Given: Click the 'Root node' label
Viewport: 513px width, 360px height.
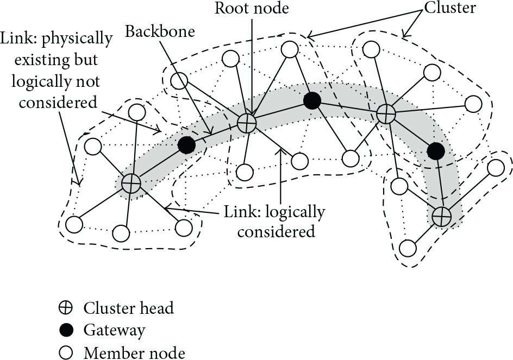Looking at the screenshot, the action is click(252, 8).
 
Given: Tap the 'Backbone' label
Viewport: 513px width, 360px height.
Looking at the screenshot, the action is click(160, 31).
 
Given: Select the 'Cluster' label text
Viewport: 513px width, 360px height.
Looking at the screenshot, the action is click(450, 8).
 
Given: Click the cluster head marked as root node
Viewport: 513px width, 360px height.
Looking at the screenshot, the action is click(246, 124).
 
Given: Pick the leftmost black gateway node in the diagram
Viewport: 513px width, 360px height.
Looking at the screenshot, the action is click(186, 145).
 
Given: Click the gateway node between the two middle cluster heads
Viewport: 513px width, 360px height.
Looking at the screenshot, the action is click(312, 100).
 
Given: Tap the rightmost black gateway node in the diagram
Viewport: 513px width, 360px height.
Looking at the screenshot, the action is click(436, 151).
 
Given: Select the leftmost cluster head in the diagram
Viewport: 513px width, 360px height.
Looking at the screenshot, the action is click(131, 184).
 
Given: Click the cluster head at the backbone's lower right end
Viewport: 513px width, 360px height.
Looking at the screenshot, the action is click(441, 216).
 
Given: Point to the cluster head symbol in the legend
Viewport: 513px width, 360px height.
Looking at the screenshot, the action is click(66, 308).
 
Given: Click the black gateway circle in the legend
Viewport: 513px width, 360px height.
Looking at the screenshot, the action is click(66, 330).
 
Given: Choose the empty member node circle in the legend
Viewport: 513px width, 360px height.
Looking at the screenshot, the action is click(66, 353).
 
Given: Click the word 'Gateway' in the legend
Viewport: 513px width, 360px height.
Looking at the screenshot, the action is click(114, 331).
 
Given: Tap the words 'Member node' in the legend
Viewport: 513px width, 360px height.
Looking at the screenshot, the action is click(134, 353).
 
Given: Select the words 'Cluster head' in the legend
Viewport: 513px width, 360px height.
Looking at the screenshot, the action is click(129, 308).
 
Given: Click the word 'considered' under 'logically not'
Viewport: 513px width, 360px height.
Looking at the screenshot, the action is click(58, 102).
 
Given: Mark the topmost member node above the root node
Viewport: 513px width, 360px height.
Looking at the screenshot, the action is click(290, 49).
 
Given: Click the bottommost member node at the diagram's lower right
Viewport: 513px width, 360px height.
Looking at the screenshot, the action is click(408, 248).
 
